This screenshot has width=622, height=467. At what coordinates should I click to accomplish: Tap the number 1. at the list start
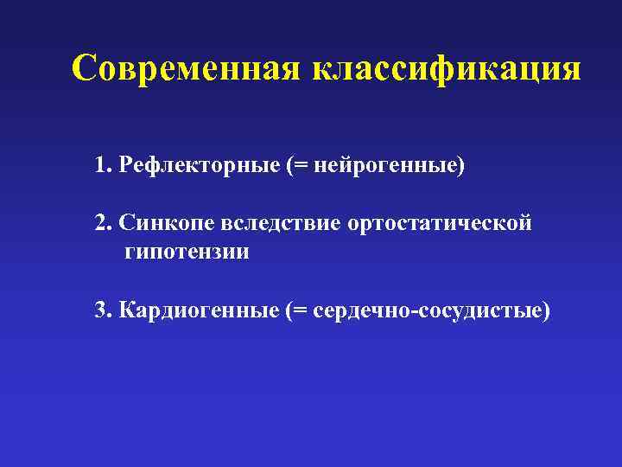(x=105, y=164)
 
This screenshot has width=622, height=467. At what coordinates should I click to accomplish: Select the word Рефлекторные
(x=200, y=164)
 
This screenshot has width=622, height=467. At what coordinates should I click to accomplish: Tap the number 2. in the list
(x=105, y=223)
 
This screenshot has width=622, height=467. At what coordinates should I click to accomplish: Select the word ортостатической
(x=440, y=223)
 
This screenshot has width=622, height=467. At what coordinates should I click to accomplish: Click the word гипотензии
(x=187, y=253)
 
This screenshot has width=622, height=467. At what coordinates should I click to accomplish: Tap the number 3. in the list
(x=105, y=310)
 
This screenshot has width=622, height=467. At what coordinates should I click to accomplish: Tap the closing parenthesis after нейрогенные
(x=460, y=164)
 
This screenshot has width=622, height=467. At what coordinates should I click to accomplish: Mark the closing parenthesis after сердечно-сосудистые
(x=545, y=310)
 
